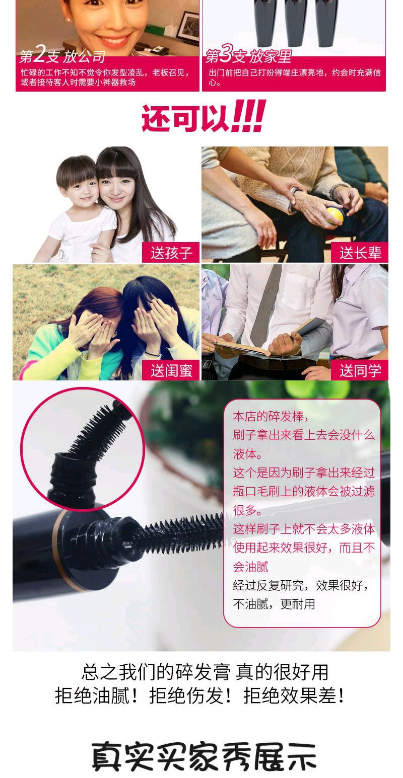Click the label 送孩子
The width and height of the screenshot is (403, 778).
[x=171, y=253]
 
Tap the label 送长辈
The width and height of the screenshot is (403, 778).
[x=360, y=253]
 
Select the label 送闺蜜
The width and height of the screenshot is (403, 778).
[x=171, y=370]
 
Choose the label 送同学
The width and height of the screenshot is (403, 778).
[x=360, y=370]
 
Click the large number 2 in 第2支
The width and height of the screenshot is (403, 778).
[x=40, y=54]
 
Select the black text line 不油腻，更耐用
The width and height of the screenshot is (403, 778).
[x=274, y=604]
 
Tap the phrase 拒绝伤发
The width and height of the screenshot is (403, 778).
[x=186, y=696]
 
